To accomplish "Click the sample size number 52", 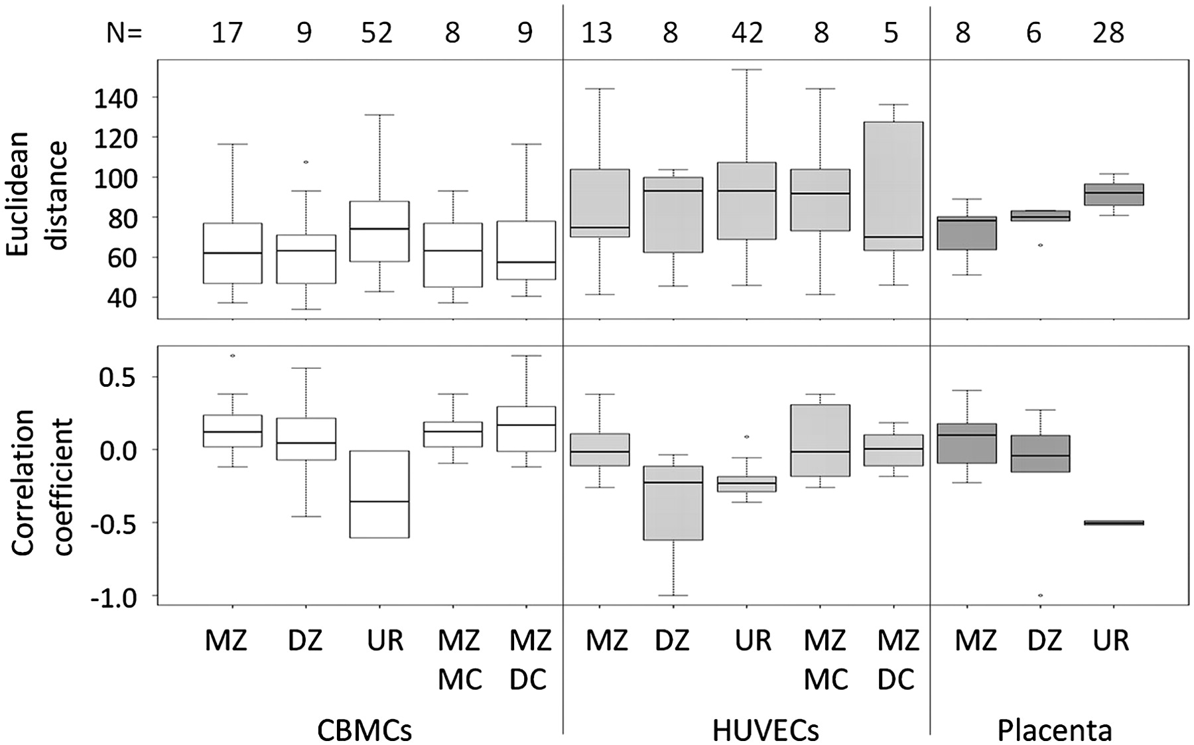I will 377,32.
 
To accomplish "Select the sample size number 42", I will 748,32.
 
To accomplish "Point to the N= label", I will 124,33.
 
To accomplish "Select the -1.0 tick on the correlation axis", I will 110,597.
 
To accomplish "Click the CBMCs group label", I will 364,730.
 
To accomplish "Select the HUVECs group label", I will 765,730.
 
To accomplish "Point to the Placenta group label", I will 1055,730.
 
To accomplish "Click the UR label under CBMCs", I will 385,641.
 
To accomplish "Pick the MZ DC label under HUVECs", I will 898,659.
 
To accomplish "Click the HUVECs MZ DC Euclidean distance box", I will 893,186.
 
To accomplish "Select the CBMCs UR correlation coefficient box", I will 379,494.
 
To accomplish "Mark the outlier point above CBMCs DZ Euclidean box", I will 305,162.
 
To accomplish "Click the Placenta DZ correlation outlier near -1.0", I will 1039,595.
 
